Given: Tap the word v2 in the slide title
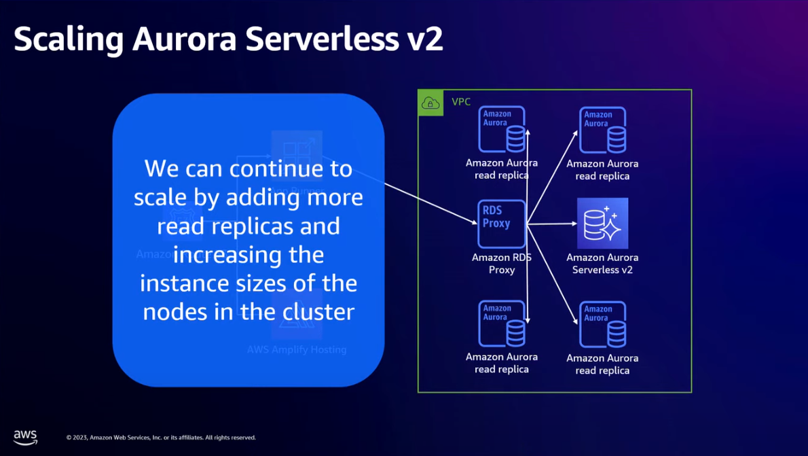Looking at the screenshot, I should click(x=425, y=39).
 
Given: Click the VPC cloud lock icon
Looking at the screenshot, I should click(x=430, y=103).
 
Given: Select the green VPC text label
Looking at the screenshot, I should click(x=461, y=102).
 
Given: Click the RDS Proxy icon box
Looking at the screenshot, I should click(x=502, y=224).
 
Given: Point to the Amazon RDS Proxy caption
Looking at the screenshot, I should click(x=502, y=263).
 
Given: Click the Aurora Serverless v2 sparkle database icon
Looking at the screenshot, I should click(x=602, y=224).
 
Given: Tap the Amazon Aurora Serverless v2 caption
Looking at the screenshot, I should click(x=602, y=263).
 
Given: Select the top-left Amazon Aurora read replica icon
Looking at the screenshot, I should click(x=502, y=129).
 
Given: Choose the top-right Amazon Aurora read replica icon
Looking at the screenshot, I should click(x=602, y=130).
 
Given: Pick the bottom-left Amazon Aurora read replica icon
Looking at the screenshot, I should click(x=502, y=323).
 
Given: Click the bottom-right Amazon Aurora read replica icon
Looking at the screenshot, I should click(x=602, y=324).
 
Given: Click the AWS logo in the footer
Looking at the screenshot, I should click(x=25, y=437).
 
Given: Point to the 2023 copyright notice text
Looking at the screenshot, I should click(x=161, y=438).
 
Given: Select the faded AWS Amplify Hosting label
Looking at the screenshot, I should click(x=297, y=349).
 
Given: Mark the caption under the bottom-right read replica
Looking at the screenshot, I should click(x=602, y=364).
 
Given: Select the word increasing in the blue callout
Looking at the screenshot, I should click(x=249, y=256).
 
